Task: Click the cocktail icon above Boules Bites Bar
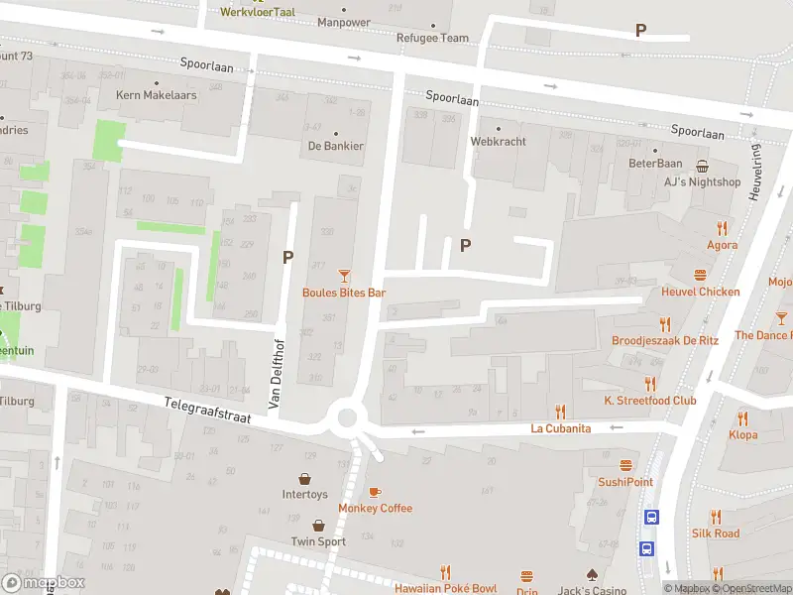point(344,275)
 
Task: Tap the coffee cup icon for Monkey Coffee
point(375,492)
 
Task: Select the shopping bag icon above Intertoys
point(304,477)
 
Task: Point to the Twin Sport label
point(318,541)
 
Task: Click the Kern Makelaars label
point(157,95)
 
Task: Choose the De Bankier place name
point(335,146)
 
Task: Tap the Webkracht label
point(498,141)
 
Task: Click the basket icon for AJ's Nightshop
point(703,166)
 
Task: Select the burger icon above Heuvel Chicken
point(701,275)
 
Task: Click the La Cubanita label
point(560,428)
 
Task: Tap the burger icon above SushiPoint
point(625,465)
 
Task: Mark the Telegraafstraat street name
point(207,411)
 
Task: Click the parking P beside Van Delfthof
point(287,257)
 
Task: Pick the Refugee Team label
point(433,38)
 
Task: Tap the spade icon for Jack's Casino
point(591,574)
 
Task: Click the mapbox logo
point(44,582)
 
